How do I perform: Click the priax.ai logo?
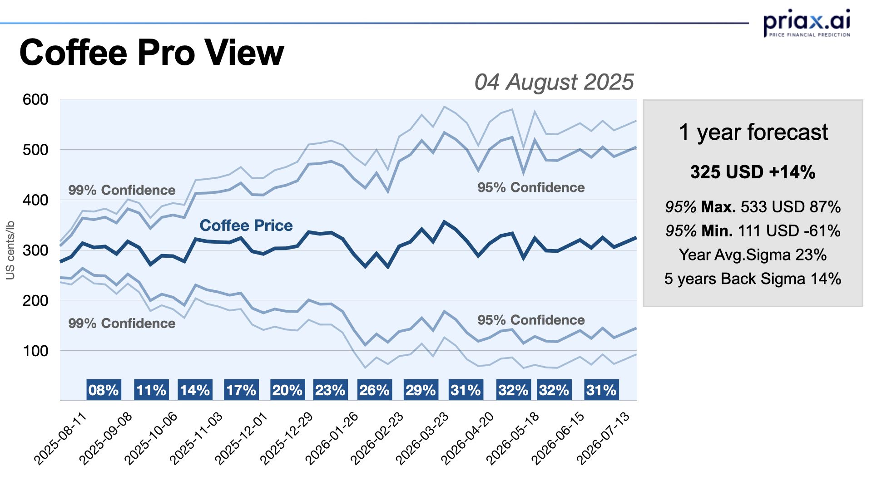pos(807,23)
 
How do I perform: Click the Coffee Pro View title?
pos(152,53)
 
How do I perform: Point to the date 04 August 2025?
pos(554,82)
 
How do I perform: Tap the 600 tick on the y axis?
pos(35,99)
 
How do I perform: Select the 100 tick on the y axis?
pos(35,351)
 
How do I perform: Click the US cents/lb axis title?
pos(10,250)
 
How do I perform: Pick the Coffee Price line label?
pos(246,225)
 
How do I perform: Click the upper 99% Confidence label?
pos(122,190)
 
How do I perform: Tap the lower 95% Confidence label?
pos(530,320)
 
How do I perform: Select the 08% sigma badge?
pos(104,390)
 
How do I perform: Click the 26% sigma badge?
pos(374,390)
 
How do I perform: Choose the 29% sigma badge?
pos(421,390)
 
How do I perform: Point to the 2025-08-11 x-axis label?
pos(60,438)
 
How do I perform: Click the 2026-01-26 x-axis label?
pos(332,438)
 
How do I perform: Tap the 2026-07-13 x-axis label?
pos(603,438)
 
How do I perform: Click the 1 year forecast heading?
pos(753,132)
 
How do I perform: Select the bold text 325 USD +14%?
pos(753,172)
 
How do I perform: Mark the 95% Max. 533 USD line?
pos(753,207)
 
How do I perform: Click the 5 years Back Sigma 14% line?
pos(753,279)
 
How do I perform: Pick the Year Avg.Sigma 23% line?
pos(753,255)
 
